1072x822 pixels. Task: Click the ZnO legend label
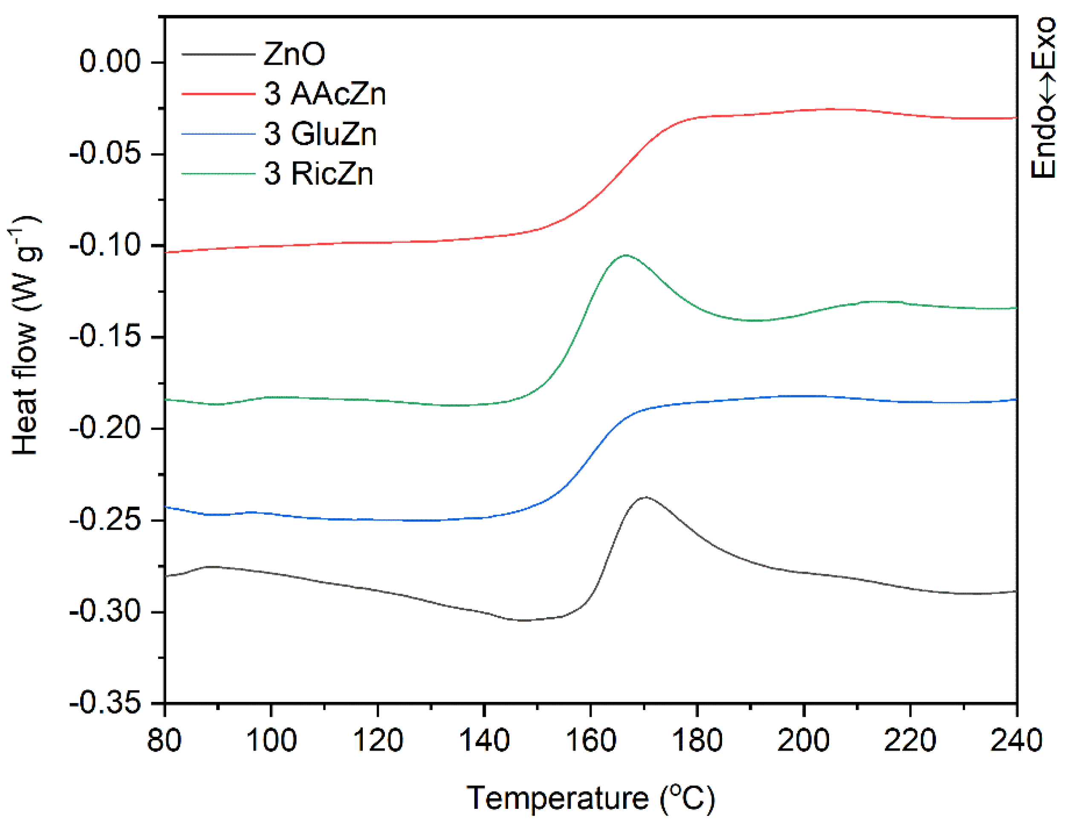pyautogui.click(x=294, y=54)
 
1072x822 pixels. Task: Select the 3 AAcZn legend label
pyautogui.click(x=325, y=93)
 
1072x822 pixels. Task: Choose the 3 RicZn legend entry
pyautogui.click(x=318, y=174)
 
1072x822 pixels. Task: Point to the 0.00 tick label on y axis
pyautogui.click(x=110, y=62)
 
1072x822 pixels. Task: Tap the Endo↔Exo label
pyautogui.click(x=1043, y=98)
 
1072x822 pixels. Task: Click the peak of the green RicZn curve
pyautogui.click(x=626, y=255)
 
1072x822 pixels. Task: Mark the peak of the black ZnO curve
pyautogui.click(x=646, y=497)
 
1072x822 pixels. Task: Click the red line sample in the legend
pyautogui.click(x=219, y=93)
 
